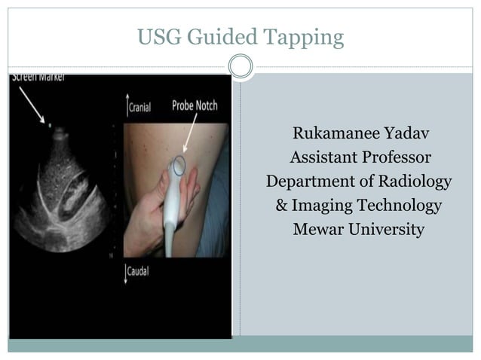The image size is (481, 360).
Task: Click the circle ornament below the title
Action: click(x=240, y=67)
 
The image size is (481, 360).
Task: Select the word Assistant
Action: click(x=326, y=158)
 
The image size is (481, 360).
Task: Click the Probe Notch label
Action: click(x=195, y=105)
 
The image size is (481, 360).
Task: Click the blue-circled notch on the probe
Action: click(x=179, y=165)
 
